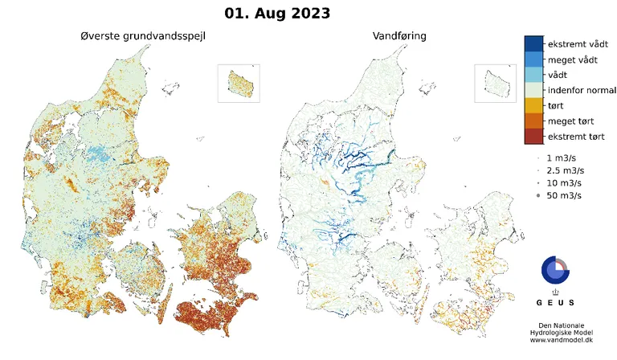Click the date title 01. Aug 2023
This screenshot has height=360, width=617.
click(276, 14)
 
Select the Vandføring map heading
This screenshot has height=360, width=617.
click(399, 36)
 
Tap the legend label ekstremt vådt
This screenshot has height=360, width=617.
click(577, 43)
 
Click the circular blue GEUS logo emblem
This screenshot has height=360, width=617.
click(554, 270)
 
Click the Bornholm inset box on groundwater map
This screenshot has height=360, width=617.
click(239, 84)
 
